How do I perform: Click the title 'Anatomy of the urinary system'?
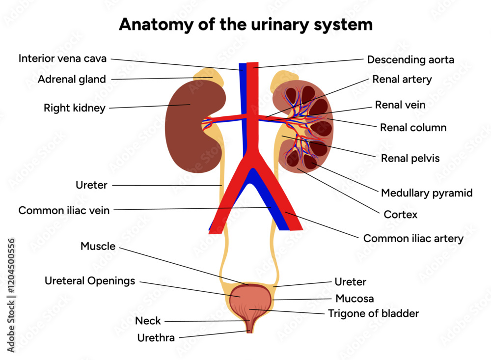(x=245, y=24)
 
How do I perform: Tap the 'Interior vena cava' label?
(x=63, y=58)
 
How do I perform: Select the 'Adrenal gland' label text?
(x=72, y=79)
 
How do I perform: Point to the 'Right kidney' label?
(x=74, y=108)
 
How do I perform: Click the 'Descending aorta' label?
(x=410, y=60)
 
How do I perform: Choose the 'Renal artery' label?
(x=402, y=79)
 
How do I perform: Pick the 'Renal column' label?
(x=413, y=128)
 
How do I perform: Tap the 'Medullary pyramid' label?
(x=426, y=193)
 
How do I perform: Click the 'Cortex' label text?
(x=401, y=215)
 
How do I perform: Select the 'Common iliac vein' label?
(x=64, y=210)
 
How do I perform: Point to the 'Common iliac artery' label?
(x=413, y=239)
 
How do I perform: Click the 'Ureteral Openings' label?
(x=89, y=281)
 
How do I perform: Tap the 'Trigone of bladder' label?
(x=373, y=313)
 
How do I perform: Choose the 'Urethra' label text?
(x=156, y=338)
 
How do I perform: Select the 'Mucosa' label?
(x=355, y=298)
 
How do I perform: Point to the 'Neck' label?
(x=148, y=321)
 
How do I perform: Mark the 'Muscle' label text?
(x=98, y=247)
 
